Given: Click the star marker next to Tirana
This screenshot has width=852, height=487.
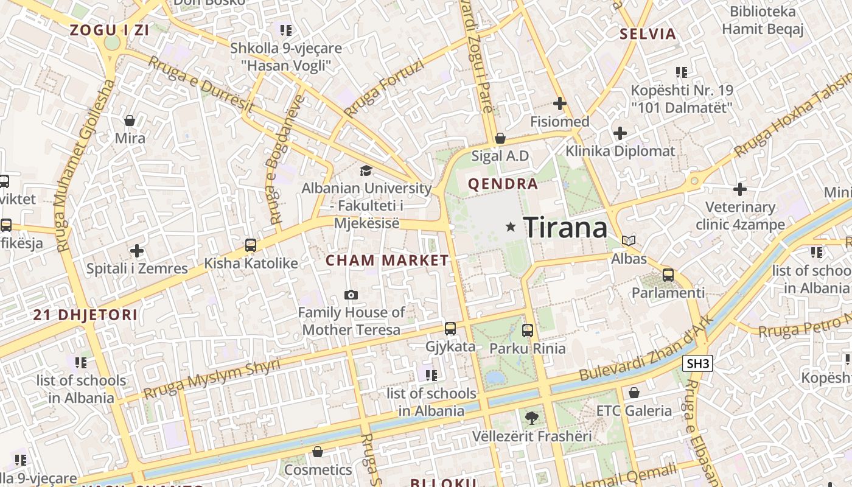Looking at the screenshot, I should [511, 227].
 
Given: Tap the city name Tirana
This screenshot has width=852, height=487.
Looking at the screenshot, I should [565, 228].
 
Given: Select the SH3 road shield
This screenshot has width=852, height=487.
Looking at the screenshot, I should [697, 364].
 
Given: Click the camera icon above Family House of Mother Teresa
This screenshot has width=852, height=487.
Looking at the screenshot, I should [351, 295].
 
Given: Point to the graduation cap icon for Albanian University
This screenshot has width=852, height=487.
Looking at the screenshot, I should [366, 171].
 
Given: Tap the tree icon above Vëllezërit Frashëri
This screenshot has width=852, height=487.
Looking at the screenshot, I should [531, 418].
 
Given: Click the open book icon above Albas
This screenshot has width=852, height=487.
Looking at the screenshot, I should [629, 241].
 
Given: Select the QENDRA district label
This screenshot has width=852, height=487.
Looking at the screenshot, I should [503, 184].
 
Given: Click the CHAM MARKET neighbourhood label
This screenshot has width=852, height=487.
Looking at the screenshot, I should [387, 261].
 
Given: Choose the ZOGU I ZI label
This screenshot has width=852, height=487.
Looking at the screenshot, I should [110, 30].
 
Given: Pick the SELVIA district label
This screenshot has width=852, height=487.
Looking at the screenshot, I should [648, 34].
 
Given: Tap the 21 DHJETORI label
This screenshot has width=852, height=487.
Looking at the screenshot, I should [85, 315].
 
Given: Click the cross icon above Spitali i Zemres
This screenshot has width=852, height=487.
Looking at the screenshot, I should [137, 250].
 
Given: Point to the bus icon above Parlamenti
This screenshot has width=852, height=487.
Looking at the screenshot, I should [668, 275].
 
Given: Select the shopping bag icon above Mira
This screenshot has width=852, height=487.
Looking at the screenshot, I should [130, 121].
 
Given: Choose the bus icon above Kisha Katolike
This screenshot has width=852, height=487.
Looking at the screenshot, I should [250, 245].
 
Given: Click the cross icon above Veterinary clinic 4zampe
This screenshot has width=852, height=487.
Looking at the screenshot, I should [740, 189].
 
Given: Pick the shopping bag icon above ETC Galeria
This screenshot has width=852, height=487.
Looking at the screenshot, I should [634, 393].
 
